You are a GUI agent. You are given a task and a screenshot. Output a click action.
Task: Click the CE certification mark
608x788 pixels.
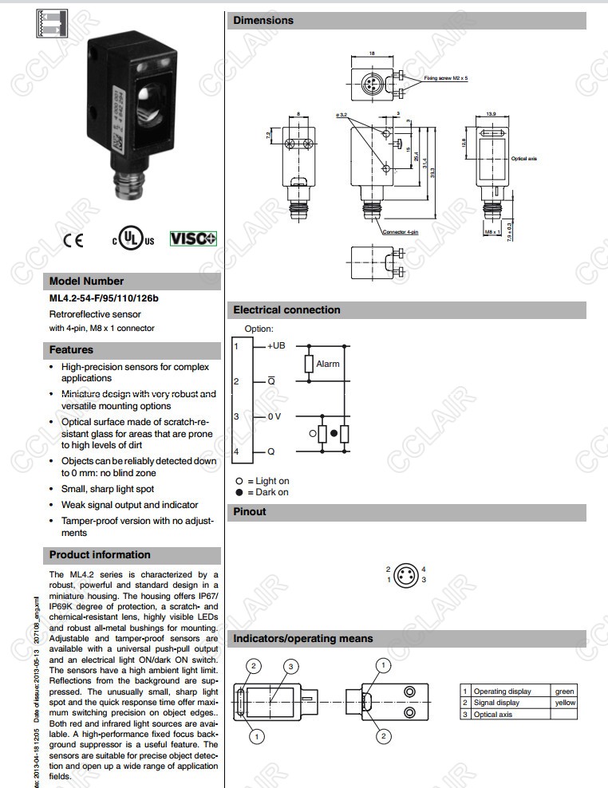pyautogui.click(x=72, y=240)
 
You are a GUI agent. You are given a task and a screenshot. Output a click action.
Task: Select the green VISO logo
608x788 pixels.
pyautogui.click(x=193, y=238)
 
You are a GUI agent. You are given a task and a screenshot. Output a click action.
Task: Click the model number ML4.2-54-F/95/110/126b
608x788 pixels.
pyautogui.click(x=105, y=299)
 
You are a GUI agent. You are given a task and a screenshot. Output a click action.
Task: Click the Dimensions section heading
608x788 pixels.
pyautogui.click(x=264, y=21)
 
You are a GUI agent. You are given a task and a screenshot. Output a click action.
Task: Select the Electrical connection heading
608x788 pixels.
pyautogui.click(x=286, y=310)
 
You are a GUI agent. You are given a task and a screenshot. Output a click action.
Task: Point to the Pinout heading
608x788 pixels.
pyautogui.click(x=250, y=512)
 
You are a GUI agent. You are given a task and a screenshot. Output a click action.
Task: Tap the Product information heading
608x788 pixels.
pyautogui.click(x=100, y=555)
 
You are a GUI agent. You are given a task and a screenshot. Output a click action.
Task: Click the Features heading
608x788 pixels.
pyautogui.click(x=71, y=350)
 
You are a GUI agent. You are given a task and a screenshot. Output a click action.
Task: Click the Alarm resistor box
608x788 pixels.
pyautogui.click(x=309, y=364)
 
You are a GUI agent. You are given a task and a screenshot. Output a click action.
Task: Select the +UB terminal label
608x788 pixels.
pyautogui.click(x=276, y=345)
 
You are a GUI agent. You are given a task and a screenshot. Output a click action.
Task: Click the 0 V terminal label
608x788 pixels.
pyautogui.click(x=274, y=416)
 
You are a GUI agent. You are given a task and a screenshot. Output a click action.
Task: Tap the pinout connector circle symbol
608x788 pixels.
pyautogui.click(x=406, y=574)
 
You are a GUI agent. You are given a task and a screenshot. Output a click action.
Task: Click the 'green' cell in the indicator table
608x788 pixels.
pyautogui.click(x=565, y=691)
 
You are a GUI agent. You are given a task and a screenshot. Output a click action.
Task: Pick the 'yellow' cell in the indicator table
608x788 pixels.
pyautogui.click(x=565, y=703)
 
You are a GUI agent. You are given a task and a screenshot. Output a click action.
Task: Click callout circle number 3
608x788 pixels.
pyautogui.click(x=292, y=666)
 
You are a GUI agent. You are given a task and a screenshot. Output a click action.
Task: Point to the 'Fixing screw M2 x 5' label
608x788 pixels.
pyautogui.click(x=446, y=78)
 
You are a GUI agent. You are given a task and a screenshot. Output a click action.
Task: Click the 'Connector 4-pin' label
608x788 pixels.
pyautogui.click(x=401, y=232)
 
